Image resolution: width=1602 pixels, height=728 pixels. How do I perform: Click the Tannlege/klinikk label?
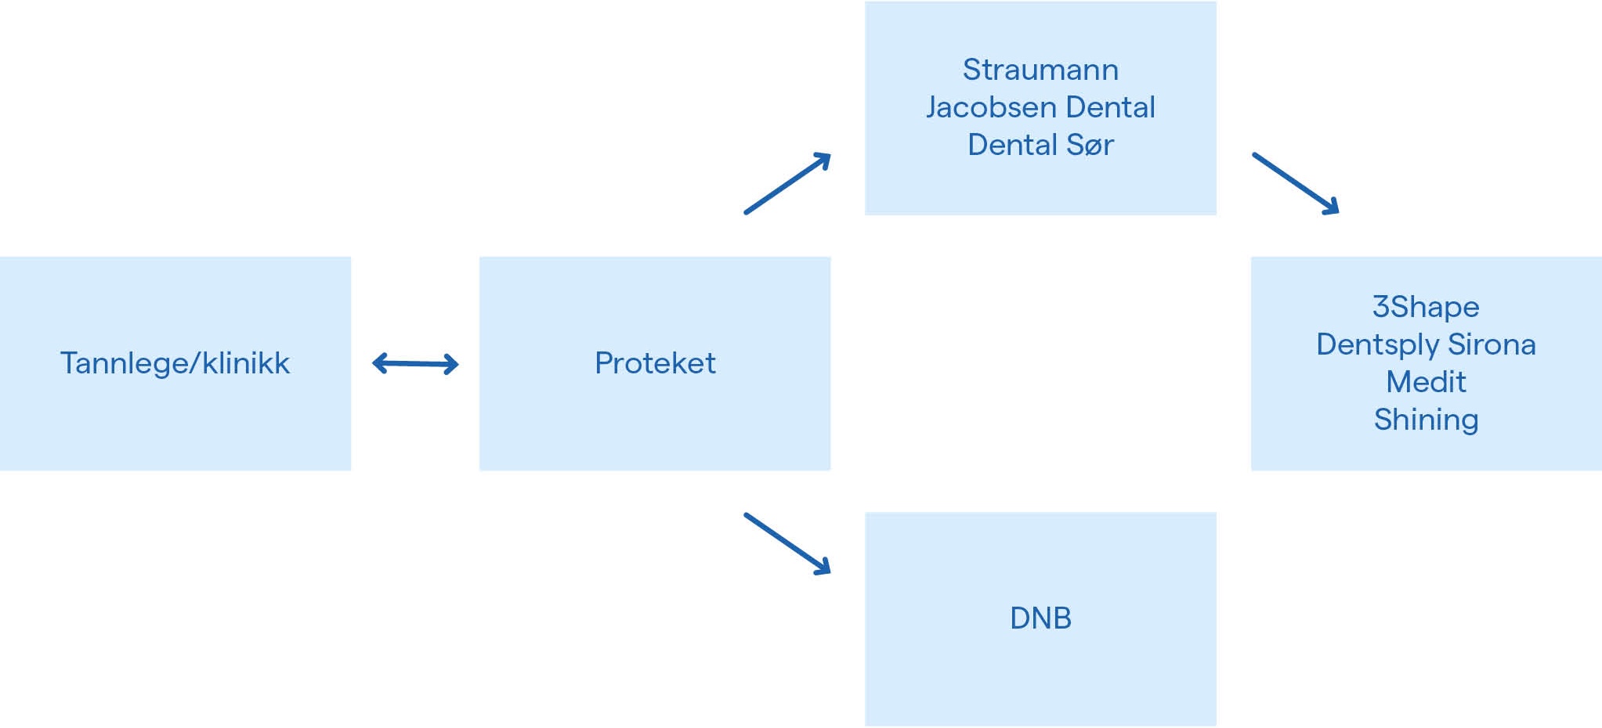[x=175, y=364]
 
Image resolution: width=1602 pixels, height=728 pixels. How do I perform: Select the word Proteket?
[x=655, y=363]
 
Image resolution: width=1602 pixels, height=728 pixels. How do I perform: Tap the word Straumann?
[x=1040, y=70]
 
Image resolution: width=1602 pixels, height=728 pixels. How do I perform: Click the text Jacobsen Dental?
[x=1040, y=107]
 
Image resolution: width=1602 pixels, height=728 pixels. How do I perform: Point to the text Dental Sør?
[x=1040, y=145]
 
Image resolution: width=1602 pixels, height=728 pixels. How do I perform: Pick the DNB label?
[x=1040, y=618]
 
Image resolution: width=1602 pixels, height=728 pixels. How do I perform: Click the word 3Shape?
[x=1426, y=308]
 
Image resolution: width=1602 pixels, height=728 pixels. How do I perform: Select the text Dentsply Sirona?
[x=1426, y=345]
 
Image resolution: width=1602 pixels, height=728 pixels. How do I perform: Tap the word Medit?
[x=1426, y=382]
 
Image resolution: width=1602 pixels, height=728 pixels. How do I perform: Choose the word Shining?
[x=1426, y=420]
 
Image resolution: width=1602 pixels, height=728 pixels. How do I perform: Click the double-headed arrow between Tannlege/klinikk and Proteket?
[x=415, y=363]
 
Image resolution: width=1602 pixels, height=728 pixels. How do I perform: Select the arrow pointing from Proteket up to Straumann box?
[x=787, y=183]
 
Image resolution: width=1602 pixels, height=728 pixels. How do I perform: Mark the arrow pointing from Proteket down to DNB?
[x=787, y=544]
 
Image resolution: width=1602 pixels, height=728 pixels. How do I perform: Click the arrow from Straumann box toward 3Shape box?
[x=1296, y=183]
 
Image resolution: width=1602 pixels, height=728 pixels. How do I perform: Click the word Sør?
[x=1090, y=145]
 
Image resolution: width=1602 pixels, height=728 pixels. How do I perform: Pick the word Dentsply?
[x=1378, y=345]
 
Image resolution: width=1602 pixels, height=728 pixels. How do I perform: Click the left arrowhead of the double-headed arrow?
[x=379, y=363]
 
